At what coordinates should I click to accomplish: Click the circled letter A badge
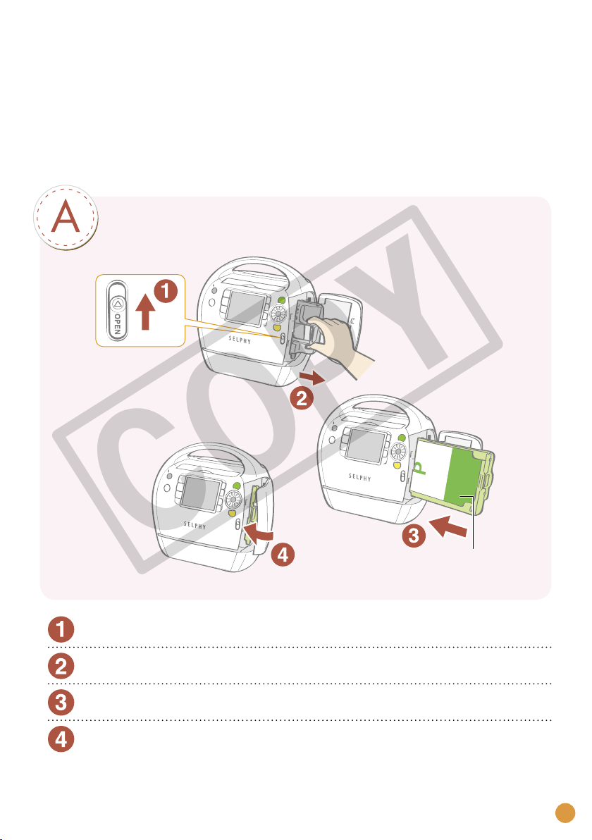66,218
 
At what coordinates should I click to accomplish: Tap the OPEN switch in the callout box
117,311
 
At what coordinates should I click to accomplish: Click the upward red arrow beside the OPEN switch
145,312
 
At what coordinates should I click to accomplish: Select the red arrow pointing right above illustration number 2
312,378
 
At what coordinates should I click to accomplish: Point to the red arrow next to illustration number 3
448,526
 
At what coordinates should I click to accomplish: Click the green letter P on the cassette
419,467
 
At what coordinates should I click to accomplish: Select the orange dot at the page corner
565,813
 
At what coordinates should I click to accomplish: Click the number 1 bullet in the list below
61,629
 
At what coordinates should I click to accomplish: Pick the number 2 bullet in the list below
61,666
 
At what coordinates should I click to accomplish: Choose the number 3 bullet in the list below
61,703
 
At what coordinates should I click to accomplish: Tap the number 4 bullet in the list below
61,739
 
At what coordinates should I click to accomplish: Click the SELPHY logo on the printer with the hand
240,340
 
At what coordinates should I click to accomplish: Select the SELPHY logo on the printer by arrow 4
195,525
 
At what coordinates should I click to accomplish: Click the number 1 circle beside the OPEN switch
166,291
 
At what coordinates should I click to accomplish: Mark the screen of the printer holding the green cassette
366,446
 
